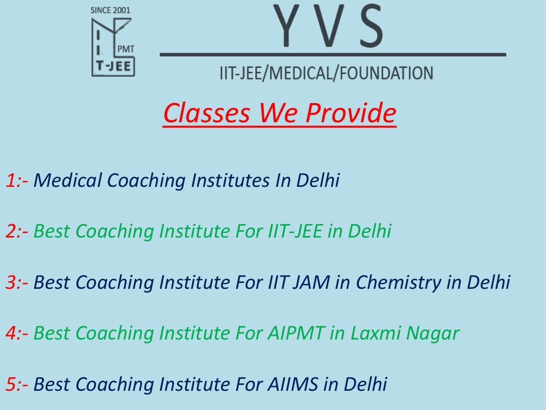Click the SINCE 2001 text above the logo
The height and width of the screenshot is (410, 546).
pos(110,10)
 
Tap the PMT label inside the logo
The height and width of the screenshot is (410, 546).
pos(125,49)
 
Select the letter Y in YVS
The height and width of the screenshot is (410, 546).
pos(287,26)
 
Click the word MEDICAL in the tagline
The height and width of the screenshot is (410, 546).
pos(302,73)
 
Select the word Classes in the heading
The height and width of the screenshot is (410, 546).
pos(207,113)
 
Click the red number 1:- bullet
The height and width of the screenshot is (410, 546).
pos(17,181)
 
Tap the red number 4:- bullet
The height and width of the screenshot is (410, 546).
pos(17,334)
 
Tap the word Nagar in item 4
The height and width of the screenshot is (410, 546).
pos(432,334)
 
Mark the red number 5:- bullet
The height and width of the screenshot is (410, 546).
pos(17,384)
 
